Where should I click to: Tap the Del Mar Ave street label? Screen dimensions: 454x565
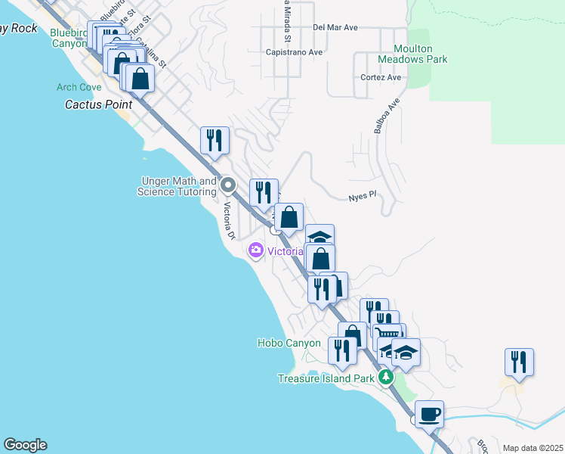coord(335,26)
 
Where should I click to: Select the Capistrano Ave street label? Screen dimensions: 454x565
coord(295,52)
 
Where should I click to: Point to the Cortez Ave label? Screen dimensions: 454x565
coord(381,77)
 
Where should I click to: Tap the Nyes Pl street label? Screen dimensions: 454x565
coord(362,195)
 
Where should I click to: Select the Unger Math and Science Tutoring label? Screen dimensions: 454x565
coord(177,186)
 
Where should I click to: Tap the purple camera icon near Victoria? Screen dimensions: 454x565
coord(255,250)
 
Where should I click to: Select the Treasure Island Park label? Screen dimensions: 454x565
coord(326,378)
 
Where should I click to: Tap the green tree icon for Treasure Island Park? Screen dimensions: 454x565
coord(387,377)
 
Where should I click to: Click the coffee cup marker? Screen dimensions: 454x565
coord(429,415)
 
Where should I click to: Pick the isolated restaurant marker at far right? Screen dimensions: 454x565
coord(520,362)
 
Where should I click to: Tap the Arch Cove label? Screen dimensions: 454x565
coord(79,87)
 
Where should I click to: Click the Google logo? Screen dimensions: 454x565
coord(25,445)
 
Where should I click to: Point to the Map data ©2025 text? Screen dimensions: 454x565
coord(533,448)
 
